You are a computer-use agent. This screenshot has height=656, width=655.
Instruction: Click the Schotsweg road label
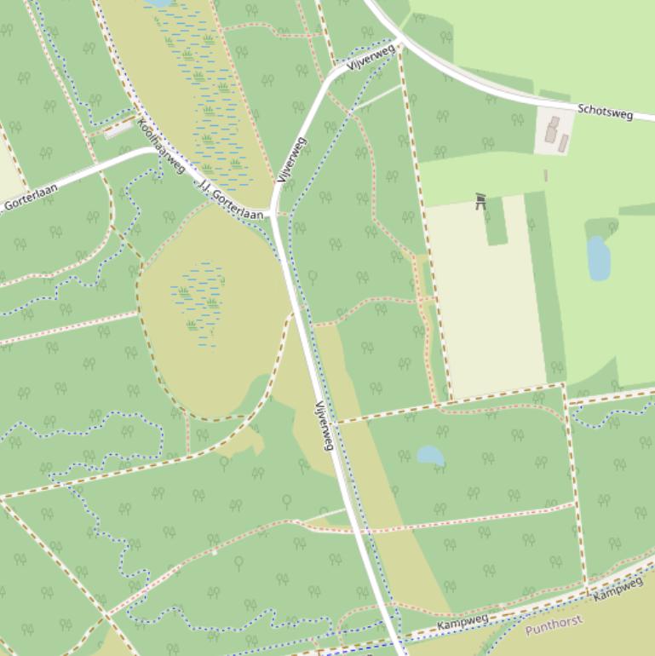coord(605,112)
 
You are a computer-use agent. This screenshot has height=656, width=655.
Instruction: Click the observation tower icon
coord(480,201)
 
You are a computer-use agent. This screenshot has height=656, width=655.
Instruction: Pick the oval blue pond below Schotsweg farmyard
coord(599,259)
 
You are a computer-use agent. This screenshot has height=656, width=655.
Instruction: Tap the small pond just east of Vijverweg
coord(430,455)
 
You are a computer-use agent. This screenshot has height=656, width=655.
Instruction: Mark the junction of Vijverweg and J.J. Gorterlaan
coord(273,215)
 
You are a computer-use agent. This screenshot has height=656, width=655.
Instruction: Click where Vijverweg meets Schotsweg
coord(400,39)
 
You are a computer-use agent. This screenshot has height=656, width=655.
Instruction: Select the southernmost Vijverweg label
coord(324,425)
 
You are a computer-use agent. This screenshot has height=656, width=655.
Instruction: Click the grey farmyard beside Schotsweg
coord(554,133)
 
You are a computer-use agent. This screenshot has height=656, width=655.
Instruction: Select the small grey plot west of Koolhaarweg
coord(118,129)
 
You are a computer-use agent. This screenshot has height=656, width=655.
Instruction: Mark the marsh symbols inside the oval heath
coord(198,302)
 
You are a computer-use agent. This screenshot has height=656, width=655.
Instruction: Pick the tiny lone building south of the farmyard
coord(546,176)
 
